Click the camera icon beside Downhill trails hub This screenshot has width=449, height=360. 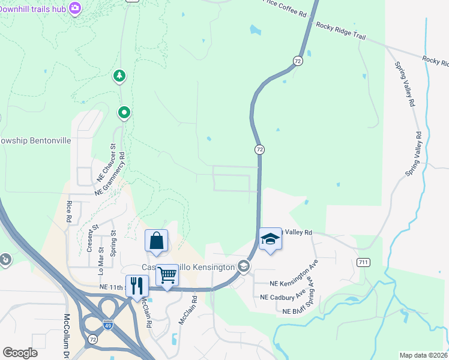75,8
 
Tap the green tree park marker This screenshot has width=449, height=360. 120,76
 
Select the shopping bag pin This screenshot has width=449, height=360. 156,241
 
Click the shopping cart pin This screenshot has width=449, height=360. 167,275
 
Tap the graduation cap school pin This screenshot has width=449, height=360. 270,239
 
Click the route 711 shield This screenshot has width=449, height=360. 362,262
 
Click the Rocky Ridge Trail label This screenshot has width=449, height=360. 340,31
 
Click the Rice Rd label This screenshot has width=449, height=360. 70,211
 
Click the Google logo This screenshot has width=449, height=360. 20,353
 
